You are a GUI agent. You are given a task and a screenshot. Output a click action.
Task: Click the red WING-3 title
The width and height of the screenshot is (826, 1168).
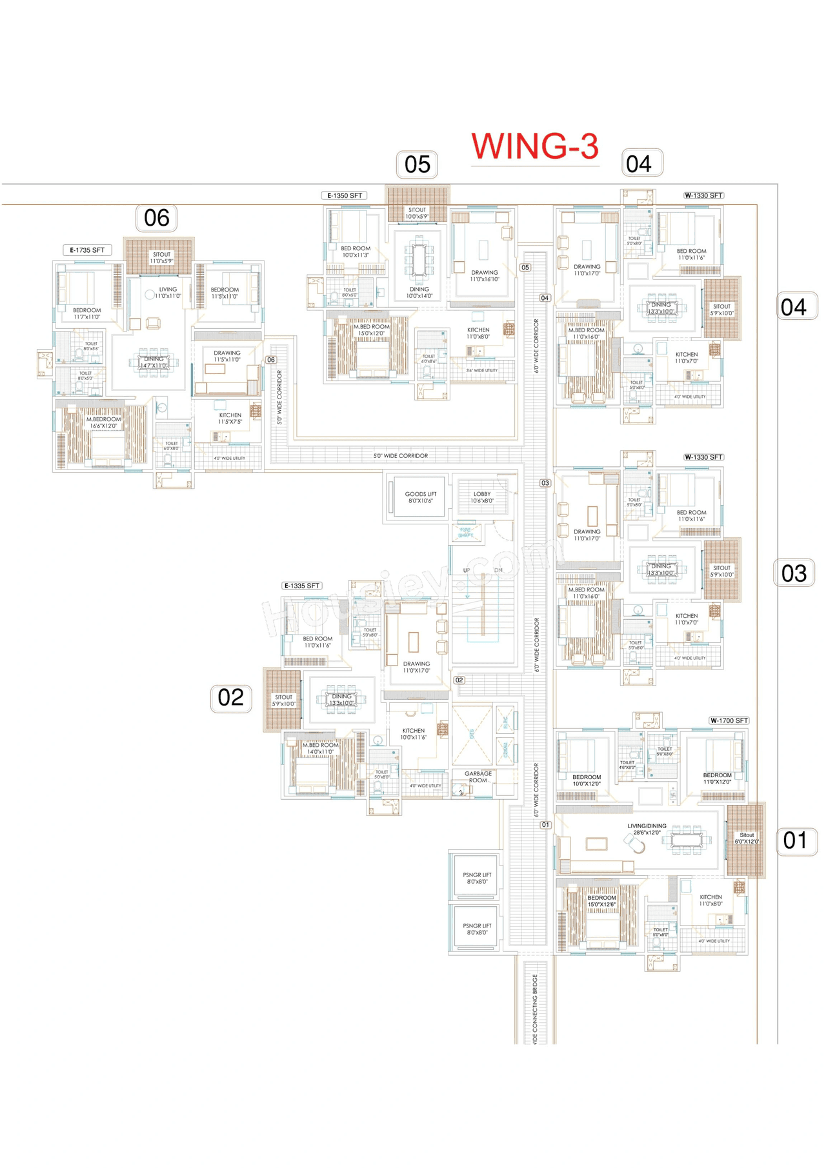coord(535,146)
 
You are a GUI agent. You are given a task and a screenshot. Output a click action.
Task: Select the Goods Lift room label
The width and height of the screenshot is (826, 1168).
coord(420,497)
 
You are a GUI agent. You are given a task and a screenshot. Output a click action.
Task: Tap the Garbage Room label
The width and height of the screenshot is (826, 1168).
coord(478,777)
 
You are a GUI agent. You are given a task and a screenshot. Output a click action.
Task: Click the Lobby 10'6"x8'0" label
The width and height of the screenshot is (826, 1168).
coord(482,497)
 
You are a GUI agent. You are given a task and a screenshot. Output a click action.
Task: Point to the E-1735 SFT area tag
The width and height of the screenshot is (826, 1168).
coord(87,250)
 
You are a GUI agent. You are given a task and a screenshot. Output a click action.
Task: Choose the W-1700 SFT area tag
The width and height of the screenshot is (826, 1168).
coord(729,720)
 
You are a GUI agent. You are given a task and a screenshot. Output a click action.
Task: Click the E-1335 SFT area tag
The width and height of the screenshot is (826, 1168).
coord(302,586)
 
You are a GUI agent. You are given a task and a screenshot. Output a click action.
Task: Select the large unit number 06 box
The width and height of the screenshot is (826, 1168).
coord(157,218)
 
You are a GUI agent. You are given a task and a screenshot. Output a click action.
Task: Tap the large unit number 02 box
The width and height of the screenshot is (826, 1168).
coord(230,698)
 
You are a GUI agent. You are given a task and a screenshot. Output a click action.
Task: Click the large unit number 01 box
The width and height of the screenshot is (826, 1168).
coord(795,840)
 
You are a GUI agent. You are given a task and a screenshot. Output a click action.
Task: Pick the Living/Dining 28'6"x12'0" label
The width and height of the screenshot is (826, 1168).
coord(647,829)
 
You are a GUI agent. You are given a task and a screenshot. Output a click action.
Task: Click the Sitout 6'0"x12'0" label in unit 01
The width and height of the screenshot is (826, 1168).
coord(747,838)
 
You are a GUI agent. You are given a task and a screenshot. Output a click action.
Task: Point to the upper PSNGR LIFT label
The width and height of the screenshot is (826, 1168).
coord(477,878)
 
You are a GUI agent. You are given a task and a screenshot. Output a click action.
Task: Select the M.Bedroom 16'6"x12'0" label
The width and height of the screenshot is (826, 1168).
coord(103,422)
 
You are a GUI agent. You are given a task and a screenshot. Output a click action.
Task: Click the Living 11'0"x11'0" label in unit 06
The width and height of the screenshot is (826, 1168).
coord(168,293)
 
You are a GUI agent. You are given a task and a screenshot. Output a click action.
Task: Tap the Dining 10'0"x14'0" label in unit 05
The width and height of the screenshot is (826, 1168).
coord(419,293)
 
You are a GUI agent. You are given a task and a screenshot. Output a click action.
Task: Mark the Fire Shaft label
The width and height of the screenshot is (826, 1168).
coord(465,533)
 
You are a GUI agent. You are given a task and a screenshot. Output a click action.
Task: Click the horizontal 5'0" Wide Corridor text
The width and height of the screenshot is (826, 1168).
coord(400,456)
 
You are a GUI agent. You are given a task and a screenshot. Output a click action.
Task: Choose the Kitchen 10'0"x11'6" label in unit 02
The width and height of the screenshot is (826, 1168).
coord(413,734)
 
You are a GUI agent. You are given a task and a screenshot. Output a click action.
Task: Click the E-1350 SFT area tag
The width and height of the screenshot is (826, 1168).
coord(345,195)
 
